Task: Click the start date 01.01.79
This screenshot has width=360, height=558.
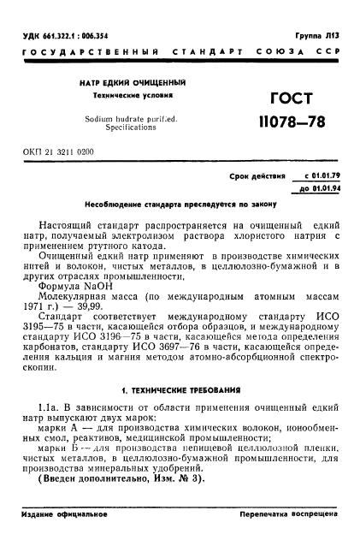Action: [x=322, y=175]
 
